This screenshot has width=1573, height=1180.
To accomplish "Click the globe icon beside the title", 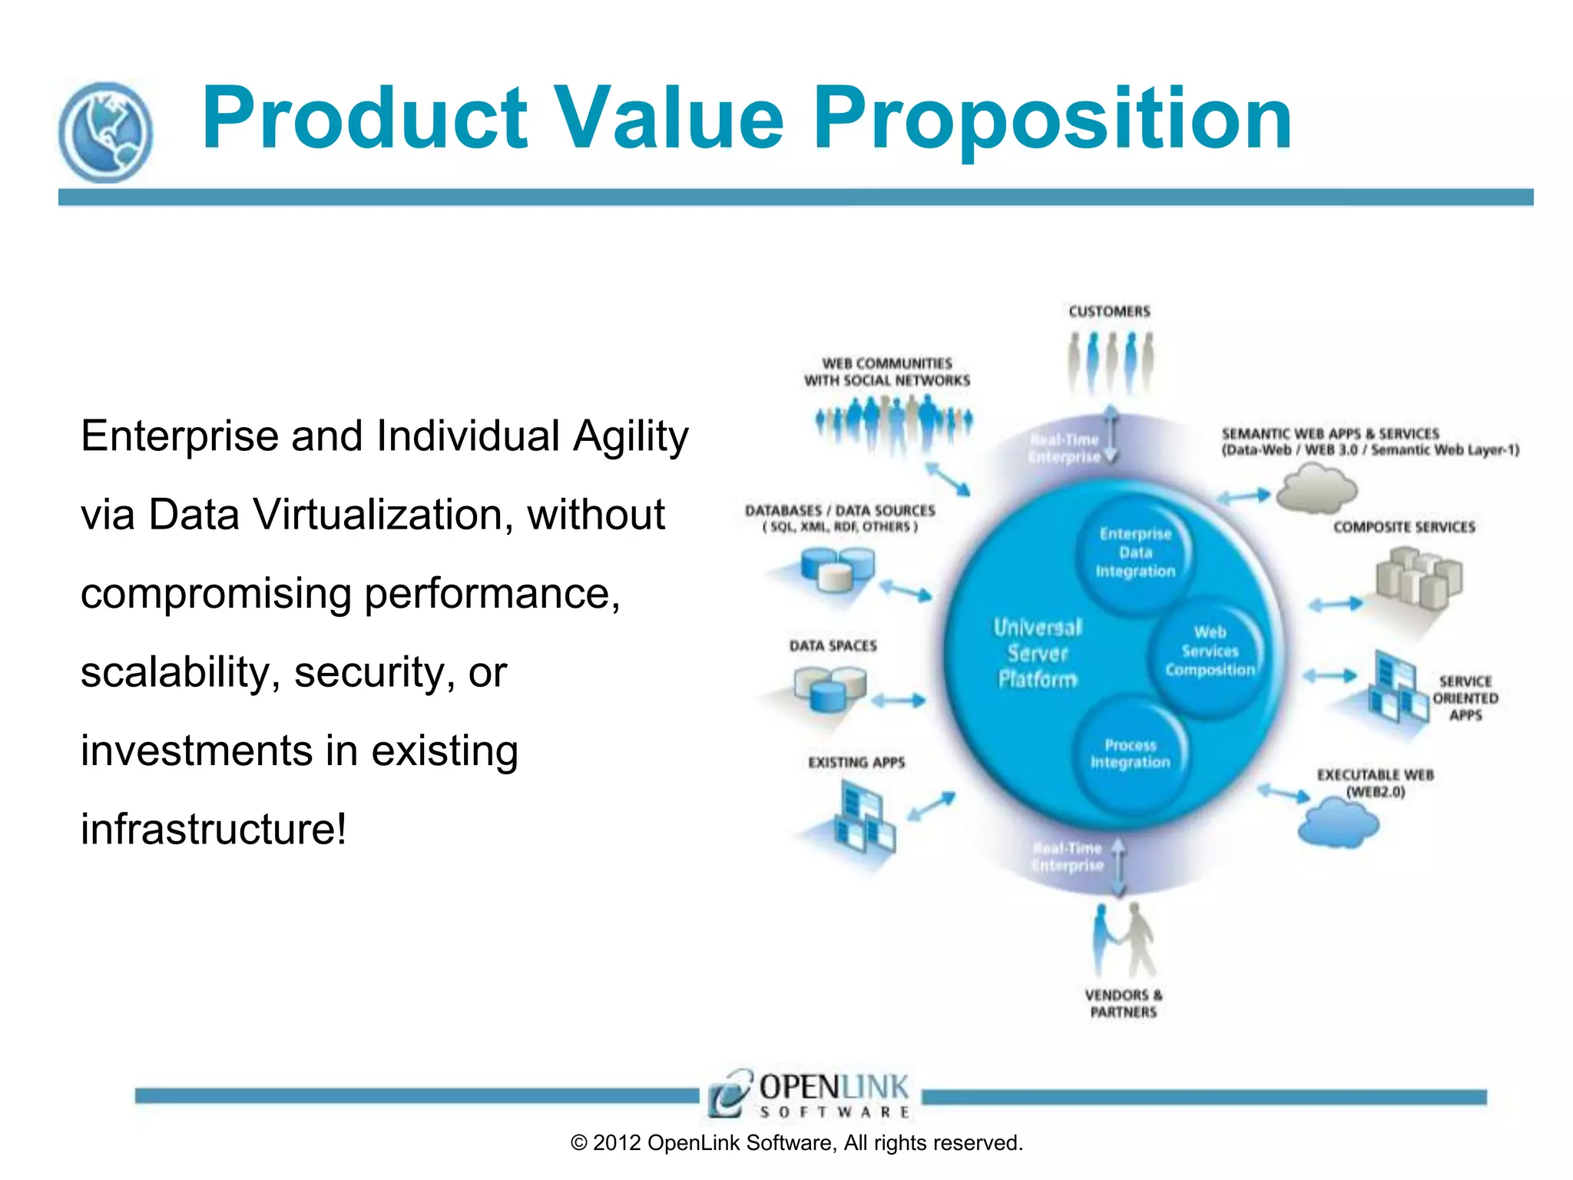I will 105,132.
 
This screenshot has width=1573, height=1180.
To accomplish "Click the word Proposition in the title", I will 1051,119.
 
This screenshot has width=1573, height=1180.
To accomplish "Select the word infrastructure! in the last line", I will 214,830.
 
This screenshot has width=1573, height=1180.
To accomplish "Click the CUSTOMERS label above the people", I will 1109,311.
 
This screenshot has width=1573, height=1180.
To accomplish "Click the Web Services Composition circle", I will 1209,651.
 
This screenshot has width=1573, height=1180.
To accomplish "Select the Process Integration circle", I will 1130,754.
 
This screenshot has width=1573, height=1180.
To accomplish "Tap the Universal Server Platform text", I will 1037,653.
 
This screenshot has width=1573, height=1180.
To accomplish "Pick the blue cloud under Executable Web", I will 1338,824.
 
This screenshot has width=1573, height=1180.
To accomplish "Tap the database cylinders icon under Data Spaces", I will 830,688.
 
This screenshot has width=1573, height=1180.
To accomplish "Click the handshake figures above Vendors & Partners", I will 1123,939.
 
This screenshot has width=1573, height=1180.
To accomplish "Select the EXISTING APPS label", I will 856,762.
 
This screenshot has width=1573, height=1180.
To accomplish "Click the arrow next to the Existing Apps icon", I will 931,807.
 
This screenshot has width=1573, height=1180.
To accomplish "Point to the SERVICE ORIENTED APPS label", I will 1465,698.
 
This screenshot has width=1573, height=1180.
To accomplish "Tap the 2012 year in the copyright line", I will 616,1143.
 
